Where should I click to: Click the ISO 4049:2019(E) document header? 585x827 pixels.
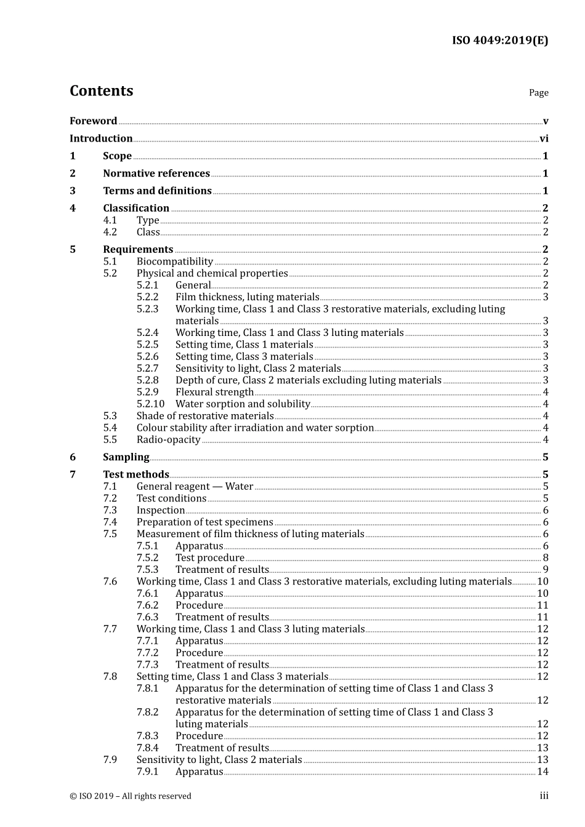(499, 41)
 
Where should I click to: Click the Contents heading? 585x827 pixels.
(101, 91)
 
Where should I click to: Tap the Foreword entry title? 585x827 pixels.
(93, 121)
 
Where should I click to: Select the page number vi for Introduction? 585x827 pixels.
(543, 139)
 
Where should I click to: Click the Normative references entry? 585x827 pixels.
(156, 174)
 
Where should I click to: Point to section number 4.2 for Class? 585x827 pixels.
(110, 232)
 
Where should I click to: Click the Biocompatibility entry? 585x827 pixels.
(175, 262)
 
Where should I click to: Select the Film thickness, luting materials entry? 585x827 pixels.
(247, 297)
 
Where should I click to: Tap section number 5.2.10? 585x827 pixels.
(150, 404)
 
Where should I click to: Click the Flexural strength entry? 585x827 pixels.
(214, 392)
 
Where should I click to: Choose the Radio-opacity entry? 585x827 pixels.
(168, 440)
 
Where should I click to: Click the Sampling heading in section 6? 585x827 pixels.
(126, 457)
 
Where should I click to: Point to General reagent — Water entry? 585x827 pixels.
(195, 487)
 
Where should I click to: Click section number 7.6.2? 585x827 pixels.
(147, 605)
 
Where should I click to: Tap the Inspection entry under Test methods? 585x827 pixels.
(160, 510)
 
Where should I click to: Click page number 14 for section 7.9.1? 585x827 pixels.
(543, 772)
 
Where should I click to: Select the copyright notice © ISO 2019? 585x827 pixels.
(130, 796)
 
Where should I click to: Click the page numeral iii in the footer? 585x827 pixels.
(544, 796)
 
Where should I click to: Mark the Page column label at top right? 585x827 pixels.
(538, 93)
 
